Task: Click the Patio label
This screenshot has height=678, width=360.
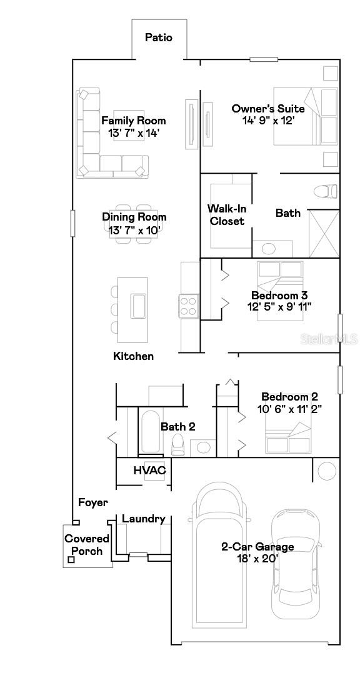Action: click(x=158, y=37)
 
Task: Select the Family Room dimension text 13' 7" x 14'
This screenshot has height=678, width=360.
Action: click(x=134, y=132)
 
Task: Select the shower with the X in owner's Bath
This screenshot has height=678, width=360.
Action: click(x=324, y=232)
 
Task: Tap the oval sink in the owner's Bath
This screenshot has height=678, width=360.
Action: click(x=267, y=249)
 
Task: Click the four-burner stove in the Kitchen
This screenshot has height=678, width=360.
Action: click(x=189, y=306)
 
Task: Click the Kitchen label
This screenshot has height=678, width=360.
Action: click(x=133, y=356)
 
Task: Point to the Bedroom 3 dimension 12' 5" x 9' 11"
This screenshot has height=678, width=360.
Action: click(x=279, y=306)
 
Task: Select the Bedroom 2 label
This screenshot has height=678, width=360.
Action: click(x=289, y=396)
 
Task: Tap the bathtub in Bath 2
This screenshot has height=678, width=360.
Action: click(x=149, y=433)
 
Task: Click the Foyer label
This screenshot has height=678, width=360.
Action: click(x=92, y=502)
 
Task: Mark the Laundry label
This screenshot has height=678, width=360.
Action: click(x=143, y=519)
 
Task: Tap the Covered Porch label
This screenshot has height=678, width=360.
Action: click(x=87, y=544)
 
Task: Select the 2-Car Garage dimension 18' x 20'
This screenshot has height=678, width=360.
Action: click(x=257, y=558)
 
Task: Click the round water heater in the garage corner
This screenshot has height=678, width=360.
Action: click(x=327, y=471)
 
